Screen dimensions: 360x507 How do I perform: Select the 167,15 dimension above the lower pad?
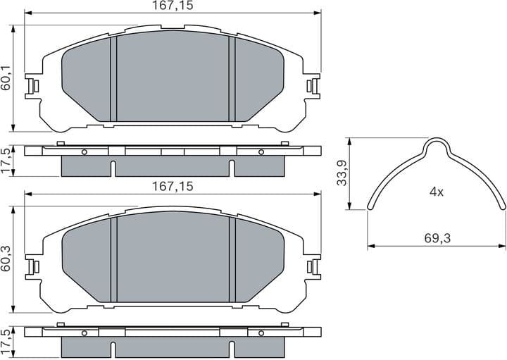(173, 186)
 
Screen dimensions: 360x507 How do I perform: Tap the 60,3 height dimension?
(6, 259)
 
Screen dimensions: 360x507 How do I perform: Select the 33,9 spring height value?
(342, 173)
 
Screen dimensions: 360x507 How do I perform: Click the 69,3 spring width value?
(437, 239)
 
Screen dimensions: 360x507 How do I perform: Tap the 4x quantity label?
(437, 192)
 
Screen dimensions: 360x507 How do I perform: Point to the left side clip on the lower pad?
(31, 267)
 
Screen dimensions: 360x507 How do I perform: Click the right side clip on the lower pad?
(313, 267)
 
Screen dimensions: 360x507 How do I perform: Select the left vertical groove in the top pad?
(113, 77)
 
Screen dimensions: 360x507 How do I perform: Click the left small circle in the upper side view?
(84, 152)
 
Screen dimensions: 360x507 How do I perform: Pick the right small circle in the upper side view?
(260, 152)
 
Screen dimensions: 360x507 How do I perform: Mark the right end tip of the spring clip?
(503, 209)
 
